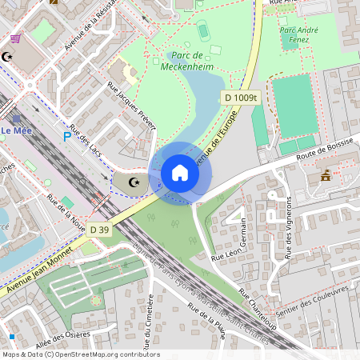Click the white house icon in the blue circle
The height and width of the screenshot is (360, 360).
pos(180,173)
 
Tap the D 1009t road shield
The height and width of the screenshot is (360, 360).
pos(242,98)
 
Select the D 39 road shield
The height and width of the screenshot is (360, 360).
pos(99,230)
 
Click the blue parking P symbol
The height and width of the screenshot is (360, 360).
pos(67,137)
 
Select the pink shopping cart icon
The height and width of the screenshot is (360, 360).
pos(15,38)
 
